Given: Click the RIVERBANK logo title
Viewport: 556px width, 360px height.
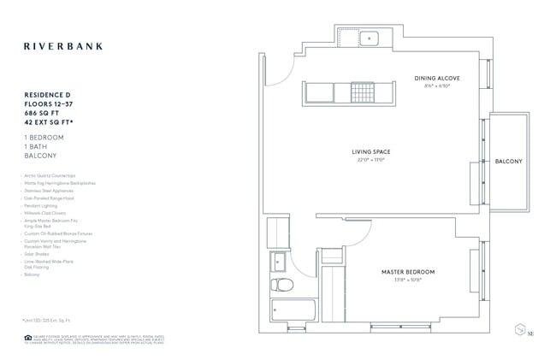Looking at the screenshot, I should click(63, 46).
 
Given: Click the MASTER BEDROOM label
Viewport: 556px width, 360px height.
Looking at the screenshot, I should click(408, 272).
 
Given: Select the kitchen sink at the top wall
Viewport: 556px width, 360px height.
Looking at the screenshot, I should click(370, 38).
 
